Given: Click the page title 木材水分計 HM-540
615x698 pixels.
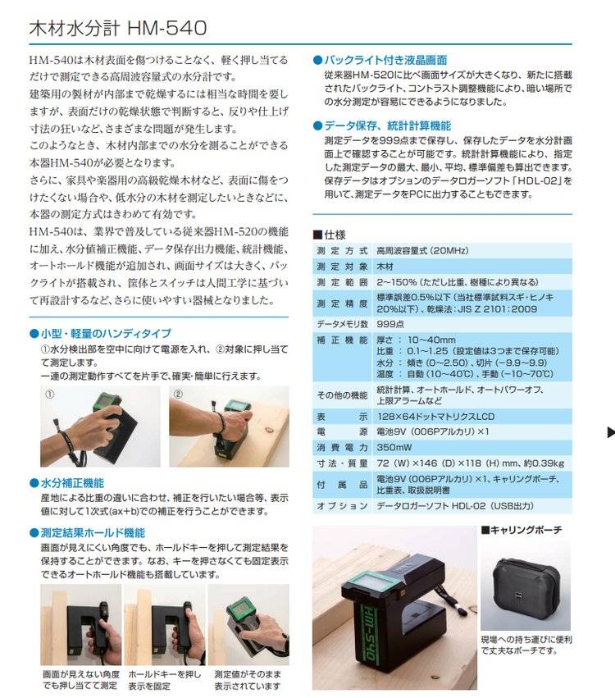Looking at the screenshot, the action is tap(118, 28).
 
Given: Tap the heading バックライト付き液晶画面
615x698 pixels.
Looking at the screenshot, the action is tap(385, 60).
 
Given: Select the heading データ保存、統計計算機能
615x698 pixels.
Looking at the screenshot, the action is tap(387, 126).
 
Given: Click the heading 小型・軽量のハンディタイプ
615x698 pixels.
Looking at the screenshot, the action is tap(106, 334).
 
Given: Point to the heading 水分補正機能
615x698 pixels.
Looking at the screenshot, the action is tap(72, 483).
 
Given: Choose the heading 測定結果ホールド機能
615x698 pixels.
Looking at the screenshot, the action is tap(93, 533).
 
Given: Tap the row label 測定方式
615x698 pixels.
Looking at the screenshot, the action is tap(342, 251).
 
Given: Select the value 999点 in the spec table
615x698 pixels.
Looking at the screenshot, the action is tap(390, 324).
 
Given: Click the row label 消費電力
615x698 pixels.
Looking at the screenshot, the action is tap(342, 448).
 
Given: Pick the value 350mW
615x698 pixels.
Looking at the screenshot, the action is tap(394, 447).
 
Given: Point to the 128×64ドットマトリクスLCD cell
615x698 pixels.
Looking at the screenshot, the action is tap(435, 417).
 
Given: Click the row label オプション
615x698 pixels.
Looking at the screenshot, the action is tap(342, 506).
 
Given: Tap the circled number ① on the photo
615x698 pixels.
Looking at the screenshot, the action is tap(50, 395).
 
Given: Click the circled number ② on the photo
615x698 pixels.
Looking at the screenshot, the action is tap(178, 395).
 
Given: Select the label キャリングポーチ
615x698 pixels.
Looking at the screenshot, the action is tap(526, 530).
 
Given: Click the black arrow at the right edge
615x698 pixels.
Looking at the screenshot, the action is tap(611, 431).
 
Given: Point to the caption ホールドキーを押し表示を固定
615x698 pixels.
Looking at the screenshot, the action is tap(165, 680).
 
